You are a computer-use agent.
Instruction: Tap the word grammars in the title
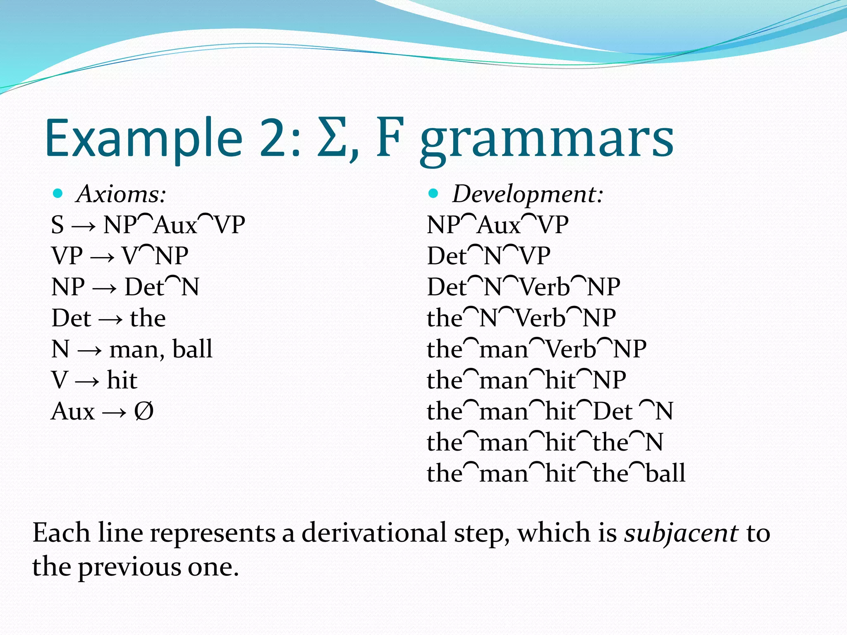(547, 141)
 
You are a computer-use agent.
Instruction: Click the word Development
(527, 194)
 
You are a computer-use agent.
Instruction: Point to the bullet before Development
(433, 193)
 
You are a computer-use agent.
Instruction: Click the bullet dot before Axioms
(58, 193)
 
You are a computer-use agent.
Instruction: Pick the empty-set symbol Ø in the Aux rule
(144, 411)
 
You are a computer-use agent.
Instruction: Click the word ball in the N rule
(192, 349)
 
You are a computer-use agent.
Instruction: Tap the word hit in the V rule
(122, 380)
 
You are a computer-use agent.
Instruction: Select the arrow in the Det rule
(110, 319)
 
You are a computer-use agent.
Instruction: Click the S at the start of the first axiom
(58, 225)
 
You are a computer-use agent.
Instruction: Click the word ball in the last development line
(665, 473)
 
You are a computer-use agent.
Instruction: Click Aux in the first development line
(498, 225)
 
